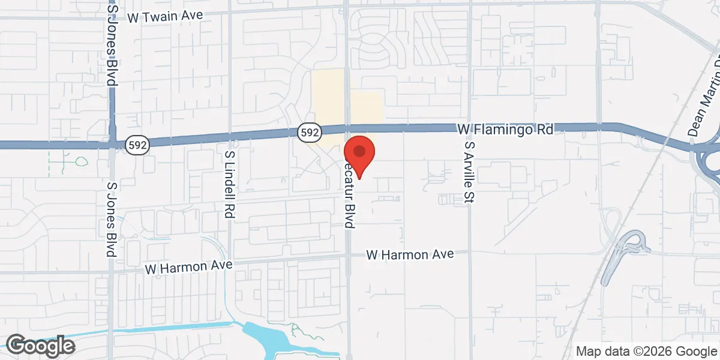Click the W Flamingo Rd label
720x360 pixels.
[x=505, y=129]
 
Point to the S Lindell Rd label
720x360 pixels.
[x=229, y=184]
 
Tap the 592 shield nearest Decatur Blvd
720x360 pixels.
[x=310, y=131]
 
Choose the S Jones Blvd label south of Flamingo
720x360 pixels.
[x=111, y=219]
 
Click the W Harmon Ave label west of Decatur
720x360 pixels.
[x=187, y=266]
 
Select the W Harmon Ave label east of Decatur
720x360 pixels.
[x=410, y=255]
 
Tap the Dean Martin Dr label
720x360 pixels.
[x=703, y=96]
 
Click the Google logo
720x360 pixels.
[x=40, y=345]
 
